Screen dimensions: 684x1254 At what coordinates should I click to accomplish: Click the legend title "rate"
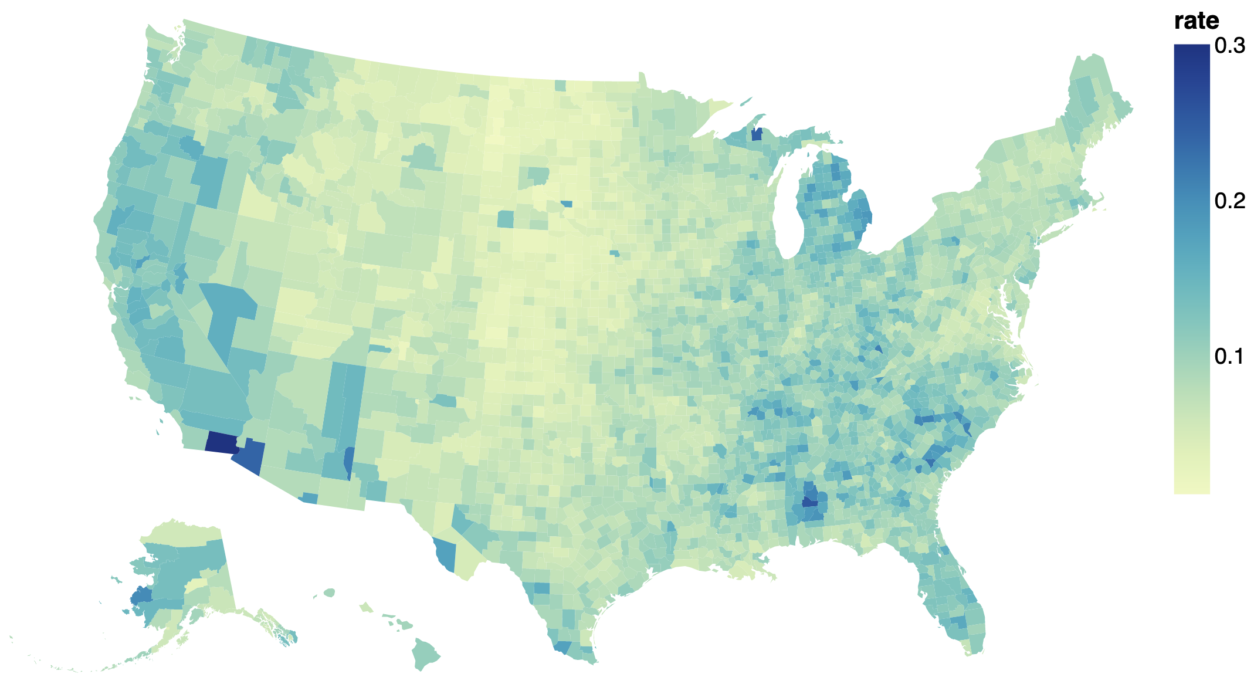1197,21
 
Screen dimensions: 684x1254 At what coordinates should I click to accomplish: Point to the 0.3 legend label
1229,46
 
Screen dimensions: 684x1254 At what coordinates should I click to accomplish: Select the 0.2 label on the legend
1229,201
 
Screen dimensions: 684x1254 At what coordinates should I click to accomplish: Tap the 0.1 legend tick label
1229,356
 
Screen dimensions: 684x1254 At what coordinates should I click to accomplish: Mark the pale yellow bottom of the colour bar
1191,490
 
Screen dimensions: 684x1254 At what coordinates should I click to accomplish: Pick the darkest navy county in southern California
221,442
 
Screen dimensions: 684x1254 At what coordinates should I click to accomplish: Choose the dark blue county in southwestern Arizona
250,457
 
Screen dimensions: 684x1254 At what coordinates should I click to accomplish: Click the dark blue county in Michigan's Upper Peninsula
757,135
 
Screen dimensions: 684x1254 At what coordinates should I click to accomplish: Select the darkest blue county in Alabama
810,502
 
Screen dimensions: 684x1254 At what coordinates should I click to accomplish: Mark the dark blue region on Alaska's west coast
141,597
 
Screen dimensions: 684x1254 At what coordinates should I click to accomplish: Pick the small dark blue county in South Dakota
567,204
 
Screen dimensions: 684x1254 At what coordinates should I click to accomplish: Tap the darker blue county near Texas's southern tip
561,647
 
